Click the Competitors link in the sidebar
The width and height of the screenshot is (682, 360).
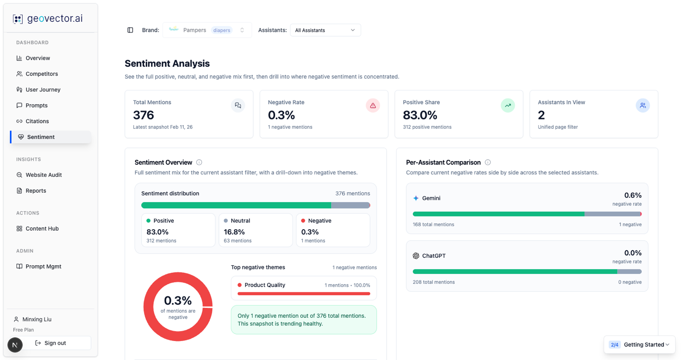point(37,74)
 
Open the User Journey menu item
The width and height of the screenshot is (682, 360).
point(38,90)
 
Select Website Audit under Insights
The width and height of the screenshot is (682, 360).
point(39,175)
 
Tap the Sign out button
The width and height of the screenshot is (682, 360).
point(50,343)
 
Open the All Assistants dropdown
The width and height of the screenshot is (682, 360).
point(325,30)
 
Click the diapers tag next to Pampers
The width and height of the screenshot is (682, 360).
point(221,30)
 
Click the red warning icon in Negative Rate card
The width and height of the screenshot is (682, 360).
point(373,105)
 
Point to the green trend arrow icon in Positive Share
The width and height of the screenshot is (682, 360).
point(508,105)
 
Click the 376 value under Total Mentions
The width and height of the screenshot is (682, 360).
point(144,115)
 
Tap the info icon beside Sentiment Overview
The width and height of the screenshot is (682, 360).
point(199,162)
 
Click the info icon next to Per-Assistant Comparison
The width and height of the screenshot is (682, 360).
point(488,162)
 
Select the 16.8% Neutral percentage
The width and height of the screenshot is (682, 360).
point(234,232)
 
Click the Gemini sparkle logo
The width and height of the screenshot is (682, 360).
point(416,198)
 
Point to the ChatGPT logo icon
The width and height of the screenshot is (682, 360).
point(416,256)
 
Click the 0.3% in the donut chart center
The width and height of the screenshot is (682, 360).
point(178,301)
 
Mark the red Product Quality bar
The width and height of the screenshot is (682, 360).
point(304,294)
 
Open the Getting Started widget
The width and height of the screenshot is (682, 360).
point(639,344)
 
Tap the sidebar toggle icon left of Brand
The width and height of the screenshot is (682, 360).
point(130,30)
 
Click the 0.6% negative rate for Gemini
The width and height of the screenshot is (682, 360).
point(633,195)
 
